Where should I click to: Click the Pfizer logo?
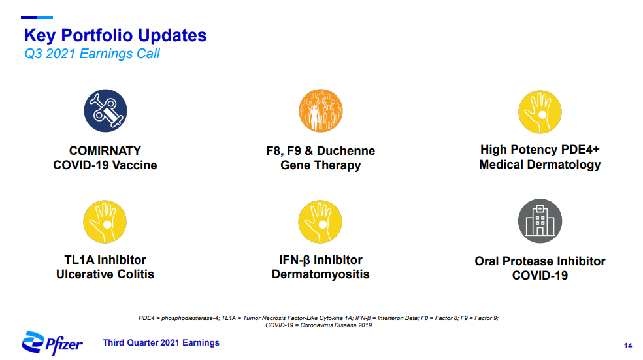pos(52,343)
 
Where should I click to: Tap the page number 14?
pos(628,346)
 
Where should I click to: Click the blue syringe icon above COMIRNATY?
pos(105,110)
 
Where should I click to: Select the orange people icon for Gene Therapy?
pos(321,110)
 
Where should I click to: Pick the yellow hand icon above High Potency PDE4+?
pos(540,112)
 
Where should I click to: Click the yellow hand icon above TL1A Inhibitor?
pos(105,222)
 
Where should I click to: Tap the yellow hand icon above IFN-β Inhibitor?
pos(320,222)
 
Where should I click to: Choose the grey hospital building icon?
pos(540,221)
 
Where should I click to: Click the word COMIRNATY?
pos(105,150)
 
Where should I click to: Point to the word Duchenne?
pos(346,150)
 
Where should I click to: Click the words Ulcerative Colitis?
pos(105,274)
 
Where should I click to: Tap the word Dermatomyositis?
pos(321,274)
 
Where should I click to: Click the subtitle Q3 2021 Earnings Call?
pos(92,54)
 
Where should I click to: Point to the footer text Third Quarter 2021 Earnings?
pos(161,343)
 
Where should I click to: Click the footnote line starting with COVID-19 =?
pos(319,325)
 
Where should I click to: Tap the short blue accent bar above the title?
pos(37,18)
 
